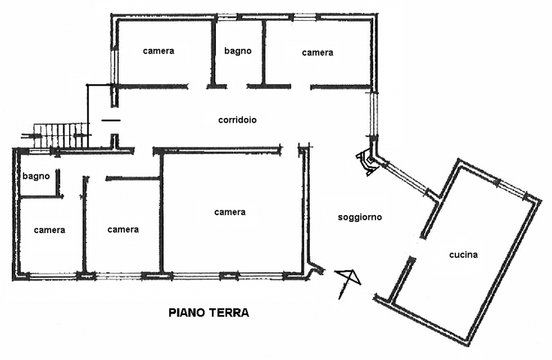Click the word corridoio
[237, 119]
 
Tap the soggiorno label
[359, 218]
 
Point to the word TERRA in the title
[229, 312]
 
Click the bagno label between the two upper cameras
[237, 50]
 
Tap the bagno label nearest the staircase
[36, 176]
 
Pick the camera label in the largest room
[230, 212]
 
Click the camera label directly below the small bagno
[49, 230]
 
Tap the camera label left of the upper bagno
[159, 50]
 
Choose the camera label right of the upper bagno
[317, 52]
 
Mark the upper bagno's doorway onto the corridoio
[237, 86]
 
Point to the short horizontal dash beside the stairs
[110, 120]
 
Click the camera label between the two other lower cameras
[123, 230]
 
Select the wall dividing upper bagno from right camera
[264, 52]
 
